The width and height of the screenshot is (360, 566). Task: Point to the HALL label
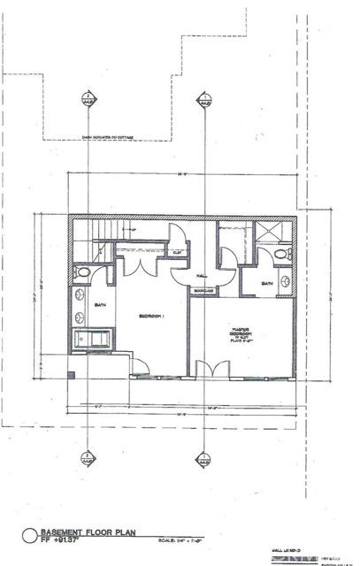pyautogui.click(x=202, y=274)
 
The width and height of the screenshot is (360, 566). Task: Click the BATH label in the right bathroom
pyautogui.click(x=267, y=284)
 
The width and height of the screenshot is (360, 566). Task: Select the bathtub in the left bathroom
pyautogui.click(x=93, y=339)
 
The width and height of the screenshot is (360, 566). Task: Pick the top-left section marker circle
pyautogui.click(x=88, y=100)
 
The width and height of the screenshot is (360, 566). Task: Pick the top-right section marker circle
pyautogui.click(x=204, y=100)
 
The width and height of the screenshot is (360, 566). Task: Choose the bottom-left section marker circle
pyautogui.click(x=88, y=459)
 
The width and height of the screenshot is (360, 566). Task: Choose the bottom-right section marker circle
pyautogui.click(x=204, y=459)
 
